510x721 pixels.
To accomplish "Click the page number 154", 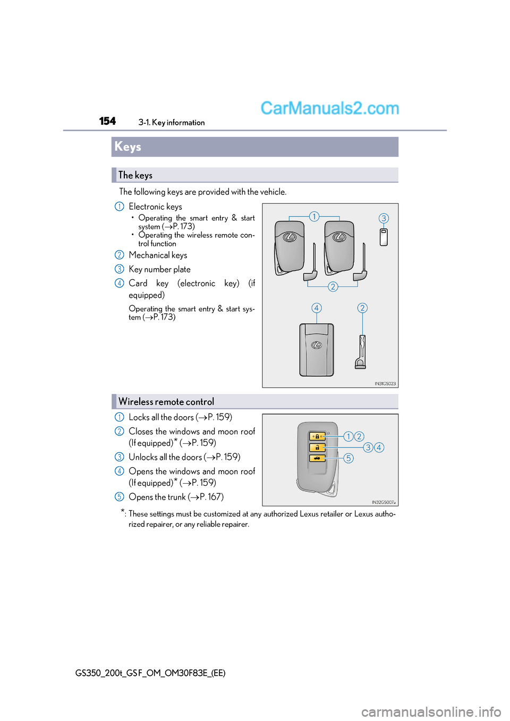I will [107, 122].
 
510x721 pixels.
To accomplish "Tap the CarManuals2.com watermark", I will [329, 108].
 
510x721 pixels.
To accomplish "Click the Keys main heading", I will [128, 147].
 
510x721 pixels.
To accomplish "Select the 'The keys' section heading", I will [135, 175].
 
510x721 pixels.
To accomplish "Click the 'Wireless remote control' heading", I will [166, 402].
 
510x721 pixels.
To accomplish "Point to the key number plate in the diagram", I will [384, 237].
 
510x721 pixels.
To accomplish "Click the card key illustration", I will [316, 349].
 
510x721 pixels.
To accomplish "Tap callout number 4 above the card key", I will [317, 308].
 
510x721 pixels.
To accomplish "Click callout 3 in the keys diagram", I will [384, 218].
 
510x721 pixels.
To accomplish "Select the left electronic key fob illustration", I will [290, 247].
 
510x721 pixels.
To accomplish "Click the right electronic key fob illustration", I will [339, 247].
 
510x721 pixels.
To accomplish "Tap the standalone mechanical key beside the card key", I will [361, 351].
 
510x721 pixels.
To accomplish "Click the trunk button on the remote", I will [317, 458].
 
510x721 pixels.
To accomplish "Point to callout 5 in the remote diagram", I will [348, 458].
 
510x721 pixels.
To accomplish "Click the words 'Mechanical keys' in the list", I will [158, 255].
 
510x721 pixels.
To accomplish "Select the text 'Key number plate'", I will [159, 270].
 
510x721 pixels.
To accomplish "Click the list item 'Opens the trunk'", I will [176, 497].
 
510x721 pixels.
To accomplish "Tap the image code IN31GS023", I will [385, 383].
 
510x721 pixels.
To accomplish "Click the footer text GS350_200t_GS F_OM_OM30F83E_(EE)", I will [150, 673].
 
